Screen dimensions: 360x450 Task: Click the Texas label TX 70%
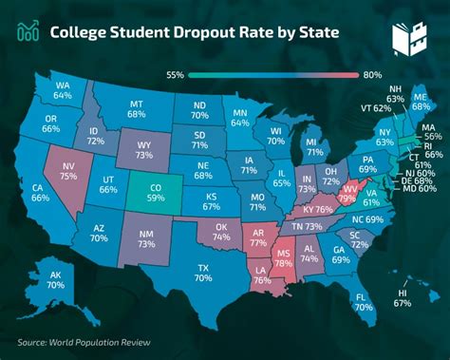pyautogui.click(x=202, y=272)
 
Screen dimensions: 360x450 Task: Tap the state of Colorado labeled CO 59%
pyautogui.click(x=155, y=194)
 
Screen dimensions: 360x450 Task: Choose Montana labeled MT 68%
pyautogui.click(x=136, y=108)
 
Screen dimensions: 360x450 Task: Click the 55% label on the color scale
pyautogui.click(x=175, y=74)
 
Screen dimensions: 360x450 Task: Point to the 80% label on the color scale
pyautogui.click(x=372, y=74)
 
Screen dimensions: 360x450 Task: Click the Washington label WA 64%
pyautogui.click(x=63, y=88)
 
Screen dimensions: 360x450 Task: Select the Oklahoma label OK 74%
pyautogui.click(x=221, y=231)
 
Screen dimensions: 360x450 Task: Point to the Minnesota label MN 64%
pyautogui.click(x=241, y=118)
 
